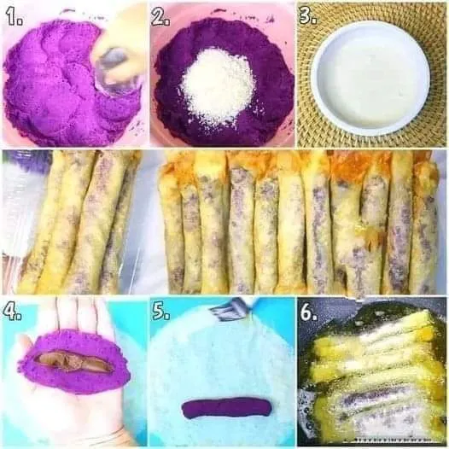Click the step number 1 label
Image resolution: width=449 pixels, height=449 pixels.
[15, 17]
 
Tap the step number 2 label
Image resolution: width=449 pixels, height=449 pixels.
[160, 17]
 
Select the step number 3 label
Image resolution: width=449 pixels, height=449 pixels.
[308, 15]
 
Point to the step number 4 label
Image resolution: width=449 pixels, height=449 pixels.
[12, 312]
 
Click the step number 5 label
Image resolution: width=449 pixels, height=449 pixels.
[161, 312]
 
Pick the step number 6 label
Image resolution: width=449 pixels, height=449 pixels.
[309, 312]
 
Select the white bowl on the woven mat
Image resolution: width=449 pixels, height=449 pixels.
[370, 78]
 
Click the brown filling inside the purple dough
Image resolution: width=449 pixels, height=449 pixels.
[74, 361]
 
